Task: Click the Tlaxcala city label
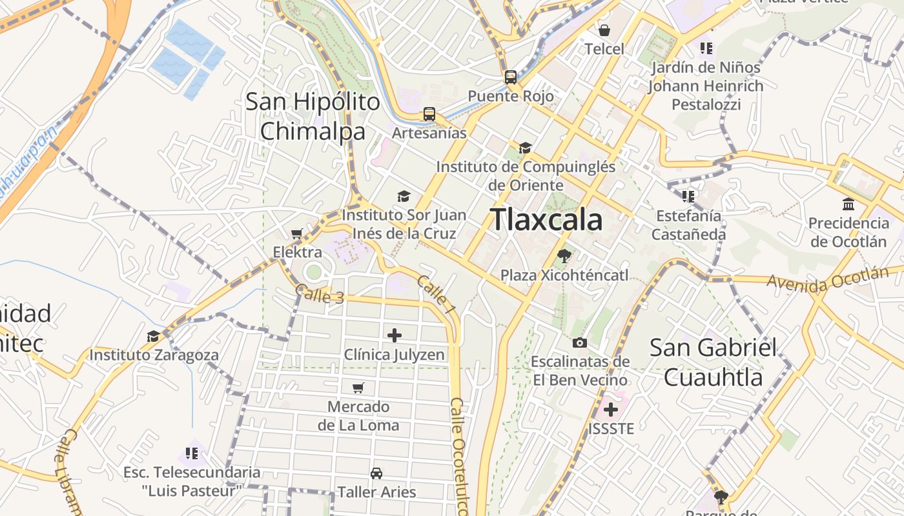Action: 546,220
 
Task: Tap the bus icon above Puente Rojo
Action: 511,77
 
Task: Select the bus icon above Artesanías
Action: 429,114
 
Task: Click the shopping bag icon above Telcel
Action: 604,30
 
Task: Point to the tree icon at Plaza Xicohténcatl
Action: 564,256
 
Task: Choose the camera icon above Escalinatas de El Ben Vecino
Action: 580,342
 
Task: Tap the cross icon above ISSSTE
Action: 610,409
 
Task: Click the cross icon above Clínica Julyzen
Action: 394,335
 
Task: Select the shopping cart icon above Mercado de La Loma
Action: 358,388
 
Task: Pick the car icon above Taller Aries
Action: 376,473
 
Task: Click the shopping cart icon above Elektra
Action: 297,233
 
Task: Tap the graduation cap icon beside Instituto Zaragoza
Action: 153,337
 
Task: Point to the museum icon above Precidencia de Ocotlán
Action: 848,204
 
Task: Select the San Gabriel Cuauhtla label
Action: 713,362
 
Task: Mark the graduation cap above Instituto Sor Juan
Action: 404,196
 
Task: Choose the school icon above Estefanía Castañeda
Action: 688,196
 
